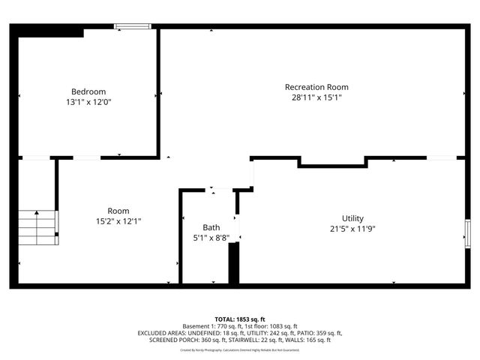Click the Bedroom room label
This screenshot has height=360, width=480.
(x=88, y=91)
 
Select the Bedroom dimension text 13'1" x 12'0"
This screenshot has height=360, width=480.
(x=88, y=101)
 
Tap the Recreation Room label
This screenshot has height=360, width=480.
(x=316, y=87)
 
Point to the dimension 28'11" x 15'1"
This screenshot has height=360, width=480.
(x=316, y=97)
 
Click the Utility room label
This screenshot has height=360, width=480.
(x=352, y=218)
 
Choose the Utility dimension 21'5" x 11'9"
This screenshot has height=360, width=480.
(x=352, y=229)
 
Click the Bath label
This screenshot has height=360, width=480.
(x=211, y=227)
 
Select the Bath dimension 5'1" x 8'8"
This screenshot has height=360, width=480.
(x=211, y=238)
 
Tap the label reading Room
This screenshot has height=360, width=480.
(x=118, y=211)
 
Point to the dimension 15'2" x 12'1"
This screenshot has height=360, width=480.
(x=118, y=221)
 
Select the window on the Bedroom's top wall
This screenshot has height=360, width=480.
(x=133, y=27)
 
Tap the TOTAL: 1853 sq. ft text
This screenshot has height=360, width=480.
(x=239, y=319)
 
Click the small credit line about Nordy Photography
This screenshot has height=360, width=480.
(x=239, y=349)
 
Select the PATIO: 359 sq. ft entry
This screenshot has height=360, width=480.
(x=316, y=333)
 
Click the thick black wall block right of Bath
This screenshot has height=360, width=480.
(x=233, y=262)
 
